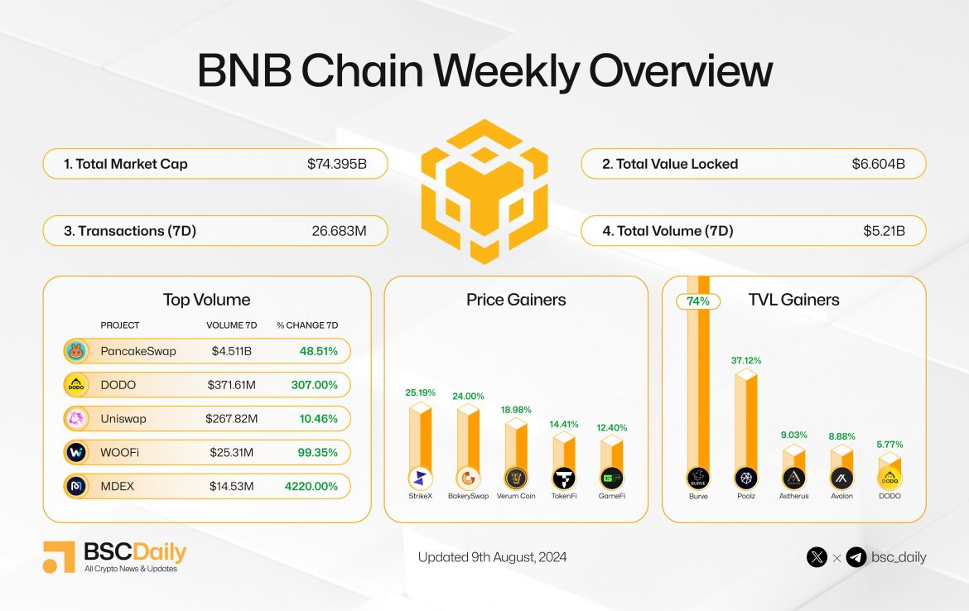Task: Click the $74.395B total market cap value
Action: (336, 164)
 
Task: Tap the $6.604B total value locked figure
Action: (878, 164)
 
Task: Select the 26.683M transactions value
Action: (336, 231)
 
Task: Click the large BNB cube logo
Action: (485, 190)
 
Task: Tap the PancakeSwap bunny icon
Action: (76, 351)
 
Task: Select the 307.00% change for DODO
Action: (314, 385)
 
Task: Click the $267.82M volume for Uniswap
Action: (231, 419)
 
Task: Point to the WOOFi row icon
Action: (76, 453)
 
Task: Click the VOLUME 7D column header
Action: (231, 325)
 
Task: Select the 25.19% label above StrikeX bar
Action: (421, 392)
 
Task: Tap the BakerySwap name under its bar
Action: (469, 496)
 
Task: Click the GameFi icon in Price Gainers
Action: (612, 478)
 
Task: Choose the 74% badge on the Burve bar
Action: (697, 301)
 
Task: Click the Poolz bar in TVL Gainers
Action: (745, 422)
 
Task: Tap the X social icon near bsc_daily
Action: (817, 557)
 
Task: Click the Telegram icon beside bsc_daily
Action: (856, 557)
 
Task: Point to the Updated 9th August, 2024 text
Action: (492, 557)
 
